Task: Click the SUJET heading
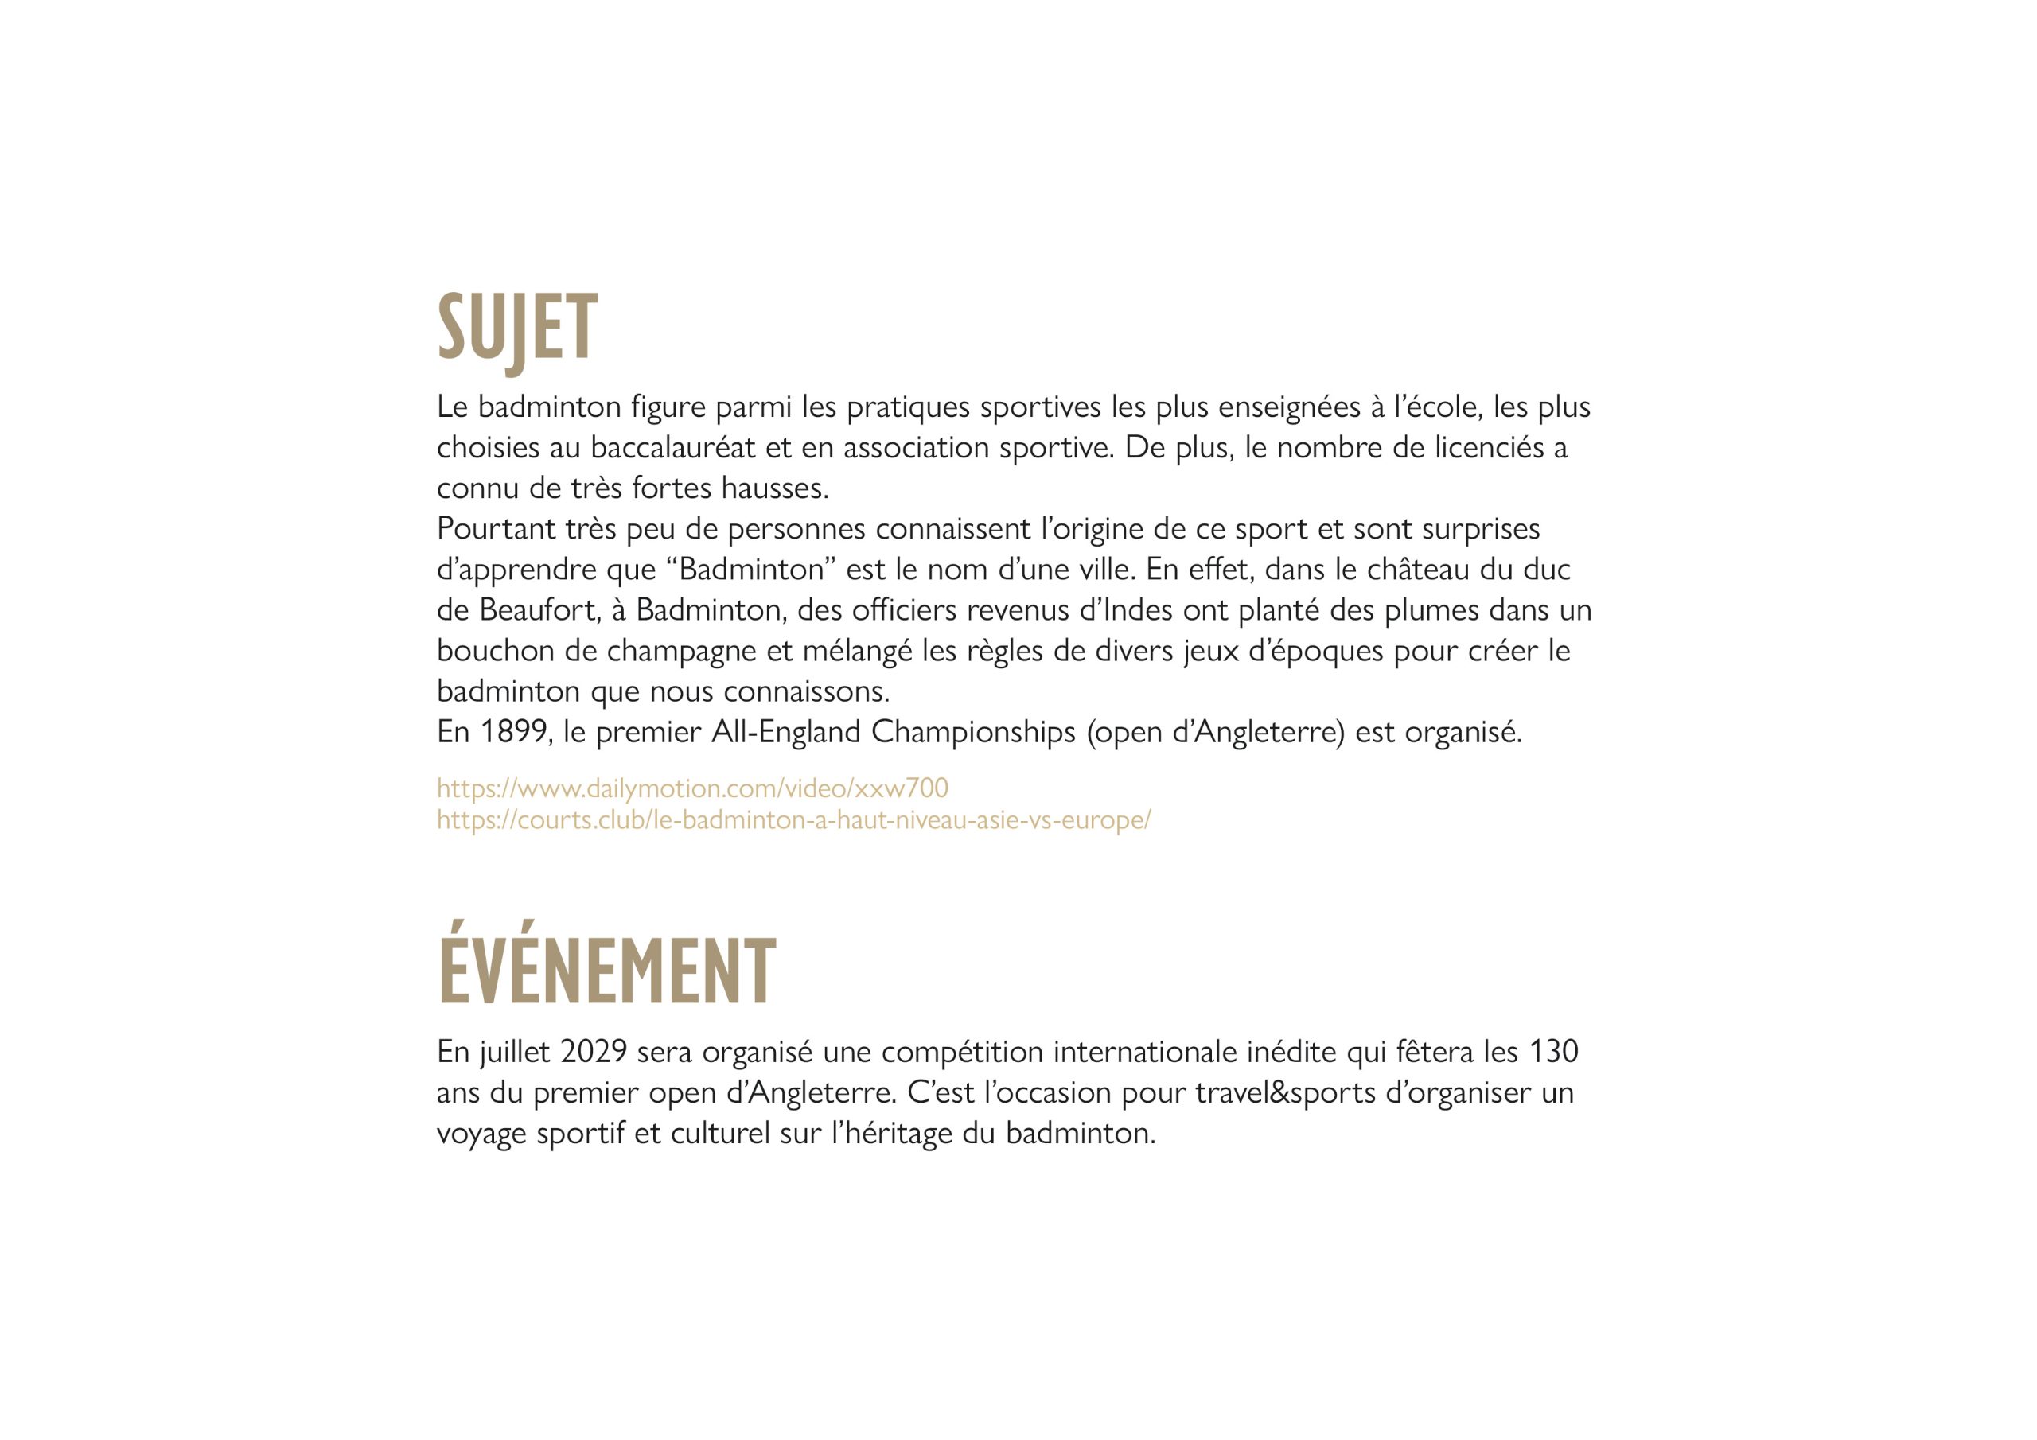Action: (517, 329)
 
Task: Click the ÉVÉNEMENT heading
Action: (607, 972)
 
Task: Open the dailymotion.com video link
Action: (692, 788)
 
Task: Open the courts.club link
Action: (793, 819)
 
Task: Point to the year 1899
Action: (514, 732)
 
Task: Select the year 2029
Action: (594, 1052)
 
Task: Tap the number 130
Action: (1553, 1052)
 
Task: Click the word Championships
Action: (973, 733)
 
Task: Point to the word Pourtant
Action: (496, 530)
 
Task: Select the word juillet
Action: (516, 1053)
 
